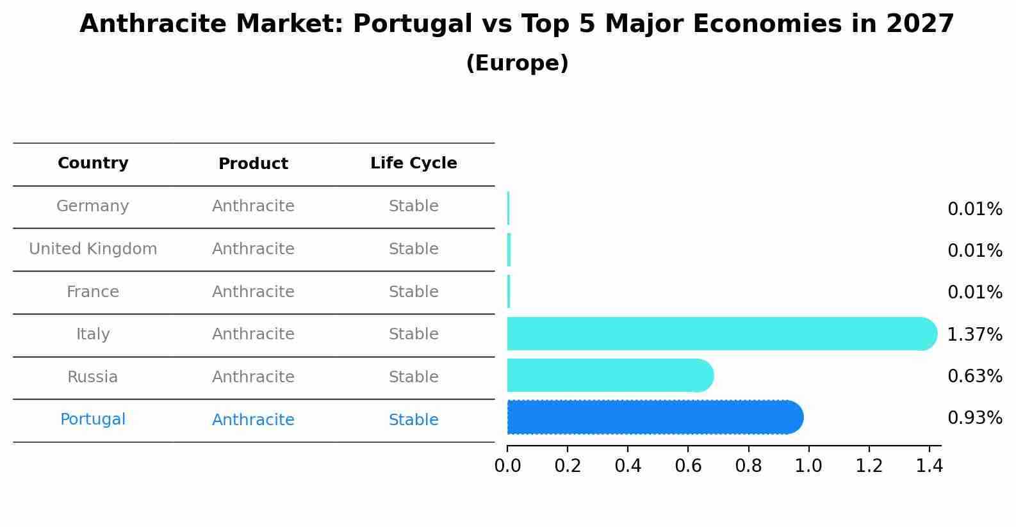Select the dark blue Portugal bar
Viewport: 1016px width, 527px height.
pyautogui.click(x=653, y=418)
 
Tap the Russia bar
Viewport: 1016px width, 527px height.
pyautogui.click(x=609, y=375)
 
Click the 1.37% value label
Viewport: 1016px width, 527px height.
pyautogui.click(x=974, y=334)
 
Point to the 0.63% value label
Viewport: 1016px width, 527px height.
pyautogui.click(x=974, y=376)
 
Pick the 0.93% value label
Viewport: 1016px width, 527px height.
pyautogui.click(x=974, y=418)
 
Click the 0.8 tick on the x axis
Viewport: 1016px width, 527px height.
pyautogui.click(x=748, y=466)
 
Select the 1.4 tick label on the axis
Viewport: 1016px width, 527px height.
pyautogui.click(x=929, y=466)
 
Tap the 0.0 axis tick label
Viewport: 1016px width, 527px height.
pyautogui.click(x=507, y=466)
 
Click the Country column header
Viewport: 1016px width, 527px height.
pyautogui.click(x=93, y=163)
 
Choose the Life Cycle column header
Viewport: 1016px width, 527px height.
pyautogui.click(x=413, y=163)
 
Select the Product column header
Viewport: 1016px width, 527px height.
pyautogui.click(x=253, y=164)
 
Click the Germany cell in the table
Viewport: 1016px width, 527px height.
pyautogui.click(x=93, y=206)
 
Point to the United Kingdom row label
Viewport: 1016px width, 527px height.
pyautogui.click(x=93, y=249)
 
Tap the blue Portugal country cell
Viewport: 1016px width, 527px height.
pyautogui.click(x=93, y=419)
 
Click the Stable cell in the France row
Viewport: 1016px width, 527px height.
pyautogui.click(x=413, y=292)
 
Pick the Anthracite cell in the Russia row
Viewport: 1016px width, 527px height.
pyautogui.click(x=253, y=377)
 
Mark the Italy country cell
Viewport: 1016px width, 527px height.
pyautogui.click(x=93, y=334)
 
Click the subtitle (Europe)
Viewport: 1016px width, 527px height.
pyautogui.click(x=517, y=63)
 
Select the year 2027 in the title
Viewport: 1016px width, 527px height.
pyautogui.click(x=920, y=24)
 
